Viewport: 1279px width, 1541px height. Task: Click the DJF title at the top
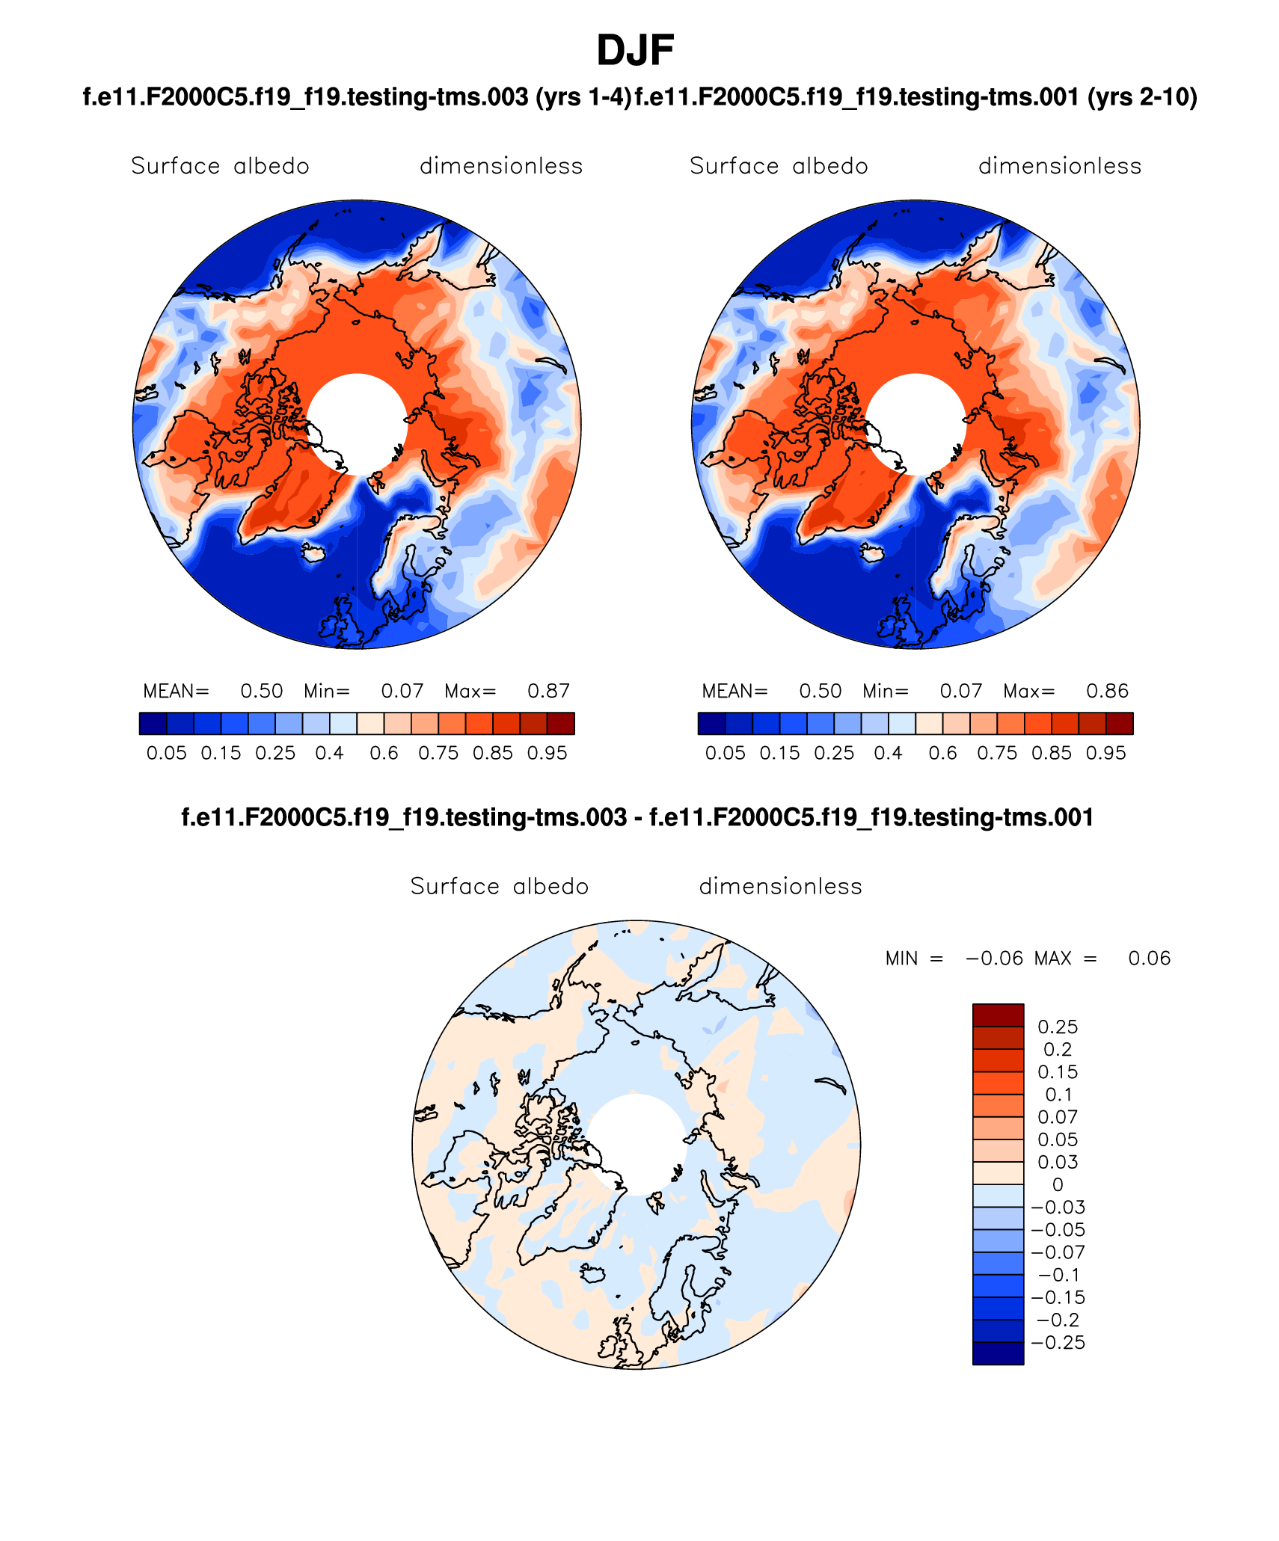tap(635, 51)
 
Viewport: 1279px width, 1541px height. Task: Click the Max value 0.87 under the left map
tap(548, 691)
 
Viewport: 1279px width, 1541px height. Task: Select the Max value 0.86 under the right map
tap(1107, 691)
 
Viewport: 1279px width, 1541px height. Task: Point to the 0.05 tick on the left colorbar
tap(166, 753)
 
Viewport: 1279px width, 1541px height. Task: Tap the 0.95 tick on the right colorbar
tap(1106, 753)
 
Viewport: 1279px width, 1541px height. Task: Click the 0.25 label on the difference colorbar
tap(1058, 1027)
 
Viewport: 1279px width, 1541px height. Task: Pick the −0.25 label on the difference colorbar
tap(1058, 1342)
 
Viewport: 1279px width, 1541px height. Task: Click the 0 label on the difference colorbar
tap(1058, 1184)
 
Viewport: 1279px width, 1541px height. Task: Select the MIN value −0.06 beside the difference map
tap(994, 959)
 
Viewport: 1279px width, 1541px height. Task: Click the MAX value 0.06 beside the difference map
tap(1149, 959)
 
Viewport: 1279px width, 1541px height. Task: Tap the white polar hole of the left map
tap(358, 423)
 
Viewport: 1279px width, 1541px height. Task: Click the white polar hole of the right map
tap(916, 423)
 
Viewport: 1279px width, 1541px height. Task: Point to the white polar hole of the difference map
tap(637, 1143)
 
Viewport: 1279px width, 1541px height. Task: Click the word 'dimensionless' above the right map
tap(1060, 166)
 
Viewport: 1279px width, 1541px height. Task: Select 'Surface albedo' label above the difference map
tap(500, 886)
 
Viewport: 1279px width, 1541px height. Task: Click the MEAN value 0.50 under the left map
tap(262, 691)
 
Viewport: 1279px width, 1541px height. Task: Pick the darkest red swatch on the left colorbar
tap(561, 724)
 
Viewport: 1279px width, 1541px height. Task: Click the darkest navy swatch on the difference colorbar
tap(998, 1353)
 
